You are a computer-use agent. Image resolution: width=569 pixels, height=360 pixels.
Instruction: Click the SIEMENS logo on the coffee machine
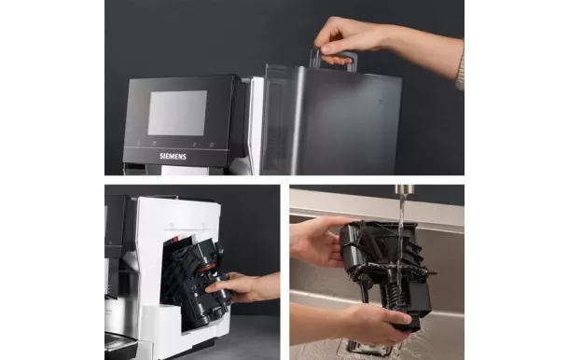point(173,156)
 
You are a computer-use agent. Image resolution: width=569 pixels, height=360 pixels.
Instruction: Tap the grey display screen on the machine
point(176,112)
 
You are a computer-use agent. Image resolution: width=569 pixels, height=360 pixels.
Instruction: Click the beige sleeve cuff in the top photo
point(460,71)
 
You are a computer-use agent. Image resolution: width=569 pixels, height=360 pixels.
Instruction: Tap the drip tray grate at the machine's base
point(120,343)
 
